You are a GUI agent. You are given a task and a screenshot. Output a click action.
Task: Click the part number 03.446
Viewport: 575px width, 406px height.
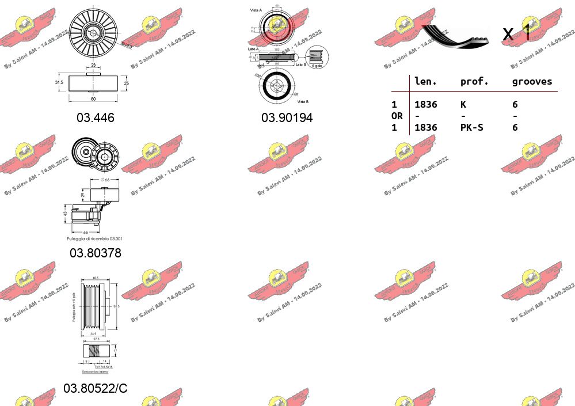[96, 117]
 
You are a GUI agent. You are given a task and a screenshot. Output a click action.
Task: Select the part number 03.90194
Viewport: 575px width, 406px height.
[287, 117]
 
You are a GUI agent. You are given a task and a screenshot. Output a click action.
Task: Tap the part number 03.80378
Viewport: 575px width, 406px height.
[96, 253]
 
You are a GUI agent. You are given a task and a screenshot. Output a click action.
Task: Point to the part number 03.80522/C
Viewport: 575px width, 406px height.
[96, 388]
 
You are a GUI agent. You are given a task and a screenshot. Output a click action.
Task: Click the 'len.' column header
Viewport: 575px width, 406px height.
[425, 82]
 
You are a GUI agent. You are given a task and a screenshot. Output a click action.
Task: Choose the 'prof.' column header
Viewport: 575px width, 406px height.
[474, 82]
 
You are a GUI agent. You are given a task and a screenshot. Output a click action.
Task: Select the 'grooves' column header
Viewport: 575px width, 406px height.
[532, 82]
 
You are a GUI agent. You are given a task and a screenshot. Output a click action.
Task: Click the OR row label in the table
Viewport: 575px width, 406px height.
[397, 116]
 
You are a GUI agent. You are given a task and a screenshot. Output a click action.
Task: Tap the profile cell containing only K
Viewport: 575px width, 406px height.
[463, 104]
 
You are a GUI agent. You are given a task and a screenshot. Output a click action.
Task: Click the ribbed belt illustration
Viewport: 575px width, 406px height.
[455, 36]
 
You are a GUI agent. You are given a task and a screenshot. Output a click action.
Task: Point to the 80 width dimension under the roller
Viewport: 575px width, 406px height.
[93, 98]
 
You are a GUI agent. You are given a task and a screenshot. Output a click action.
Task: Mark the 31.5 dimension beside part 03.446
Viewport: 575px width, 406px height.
[59, 82]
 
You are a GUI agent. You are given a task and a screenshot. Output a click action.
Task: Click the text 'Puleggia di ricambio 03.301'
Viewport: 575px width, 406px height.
[94, 238]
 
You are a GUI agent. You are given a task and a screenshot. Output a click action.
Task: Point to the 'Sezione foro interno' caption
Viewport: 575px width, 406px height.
[94, 372]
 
